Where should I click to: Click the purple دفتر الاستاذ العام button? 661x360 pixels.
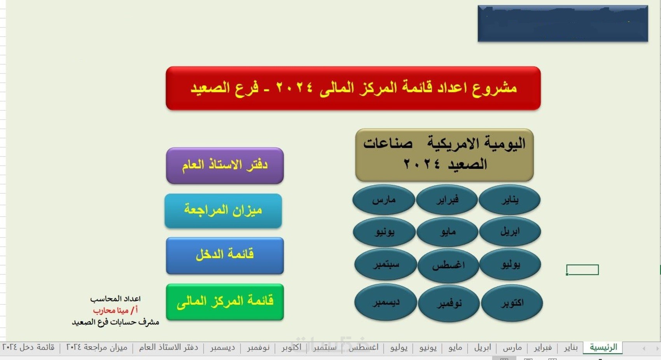(225, 166)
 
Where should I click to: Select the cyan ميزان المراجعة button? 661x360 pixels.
(224, 211)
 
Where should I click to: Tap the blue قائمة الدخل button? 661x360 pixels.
(225, 255)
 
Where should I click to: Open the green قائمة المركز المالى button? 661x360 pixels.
(225, 302)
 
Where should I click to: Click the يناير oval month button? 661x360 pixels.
(510, 200)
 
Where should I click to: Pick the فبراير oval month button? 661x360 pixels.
(447, 200)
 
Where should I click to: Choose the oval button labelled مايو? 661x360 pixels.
(448, 232)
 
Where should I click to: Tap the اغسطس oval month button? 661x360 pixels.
(448, 266)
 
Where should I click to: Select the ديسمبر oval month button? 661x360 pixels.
(386, 302)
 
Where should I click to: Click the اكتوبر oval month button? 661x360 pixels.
(512, 303)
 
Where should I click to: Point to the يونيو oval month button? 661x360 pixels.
(384, 232)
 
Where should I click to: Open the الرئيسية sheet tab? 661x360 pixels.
(603, 347)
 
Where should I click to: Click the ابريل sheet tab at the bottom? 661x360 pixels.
(483, 348)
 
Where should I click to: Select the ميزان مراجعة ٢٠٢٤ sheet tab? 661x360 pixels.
(96, 348)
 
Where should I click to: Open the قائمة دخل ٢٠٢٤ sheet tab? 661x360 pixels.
(28, 348)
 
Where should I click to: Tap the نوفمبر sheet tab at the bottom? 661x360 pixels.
(258, 348)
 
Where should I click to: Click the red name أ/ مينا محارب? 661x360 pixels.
(115, 310)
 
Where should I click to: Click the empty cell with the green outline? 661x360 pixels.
(582, 270)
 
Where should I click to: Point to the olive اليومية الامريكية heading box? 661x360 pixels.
(444, 155)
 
